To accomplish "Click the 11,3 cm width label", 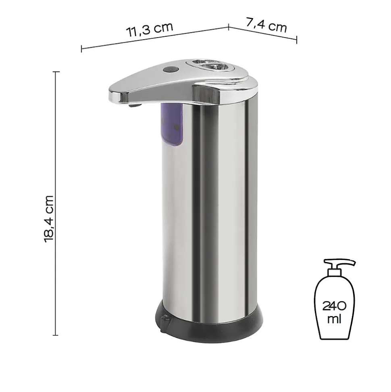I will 150,30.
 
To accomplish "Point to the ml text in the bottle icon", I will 335,319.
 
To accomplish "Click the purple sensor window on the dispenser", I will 173,124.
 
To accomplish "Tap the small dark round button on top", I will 170,69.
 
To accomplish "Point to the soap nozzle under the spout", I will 135,106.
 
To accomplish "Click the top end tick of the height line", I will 56,72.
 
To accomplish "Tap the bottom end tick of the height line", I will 56,335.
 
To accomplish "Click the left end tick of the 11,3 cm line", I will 81,49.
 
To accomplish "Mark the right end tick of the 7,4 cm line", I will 297,40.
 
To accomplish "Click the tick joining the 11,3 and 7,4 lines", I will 229,27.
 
